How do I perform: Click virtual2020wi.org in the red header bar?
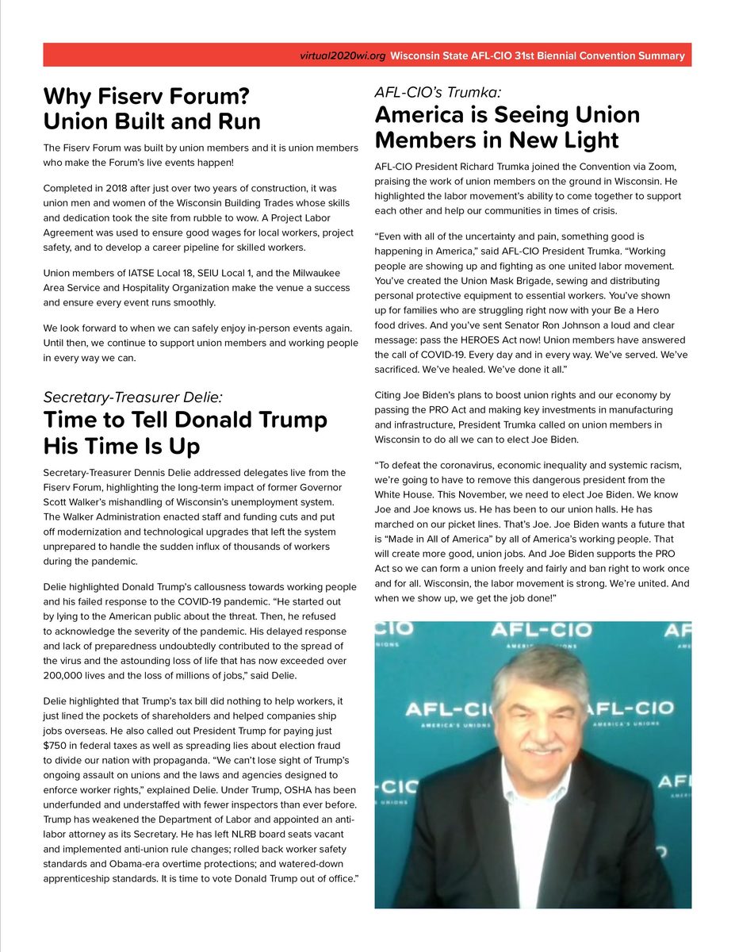pyautogui.click(x=343, y=56)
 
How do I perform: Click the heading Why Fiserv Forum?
pyautogui.click(x=147, y=97)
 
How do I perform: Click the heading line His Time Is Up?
pyautogui.click(x=121, y=445)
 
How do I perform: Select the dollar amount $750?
pyautogui.click(x=58, y=745)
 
